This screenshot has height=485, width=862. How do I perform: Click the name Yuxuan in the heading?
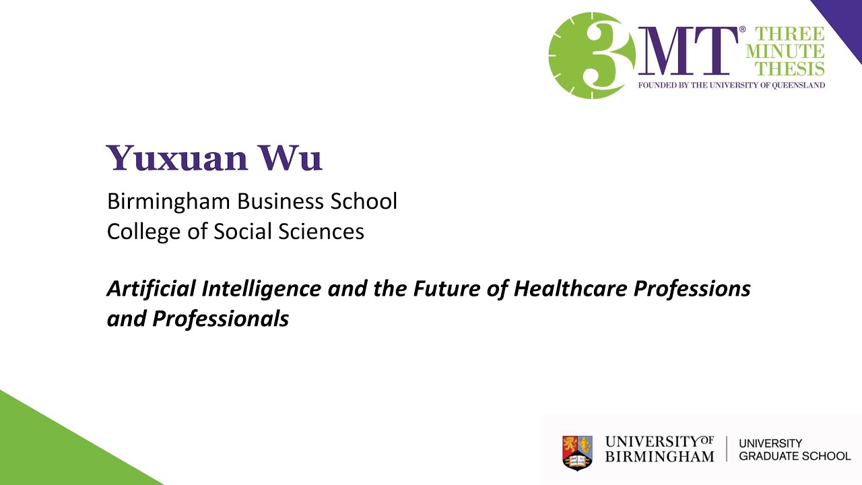(176, 158)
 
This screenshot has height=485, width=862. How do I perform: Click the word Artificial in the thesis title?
(151, 289)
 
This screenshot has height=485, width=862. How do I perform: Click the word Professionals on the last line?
(220, 318)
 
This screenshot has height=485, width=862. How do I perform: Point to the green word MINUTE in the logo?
(785, 51)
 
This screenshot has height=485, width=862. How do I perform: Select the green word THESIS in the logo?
(790, 68)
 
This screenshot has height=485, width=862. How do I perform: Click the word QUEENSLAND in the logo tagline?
(799, 86)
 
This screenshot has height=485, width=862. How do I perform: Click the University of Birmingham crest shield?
(577, 452)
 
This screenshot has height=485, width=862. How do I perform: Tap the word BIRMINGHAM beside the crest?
(659, 457)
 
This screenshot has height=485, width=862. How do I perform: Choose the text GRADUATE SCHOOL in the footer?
(795, 456)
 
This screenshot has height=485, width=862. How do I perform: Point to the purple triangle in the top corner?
(845, 20)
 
